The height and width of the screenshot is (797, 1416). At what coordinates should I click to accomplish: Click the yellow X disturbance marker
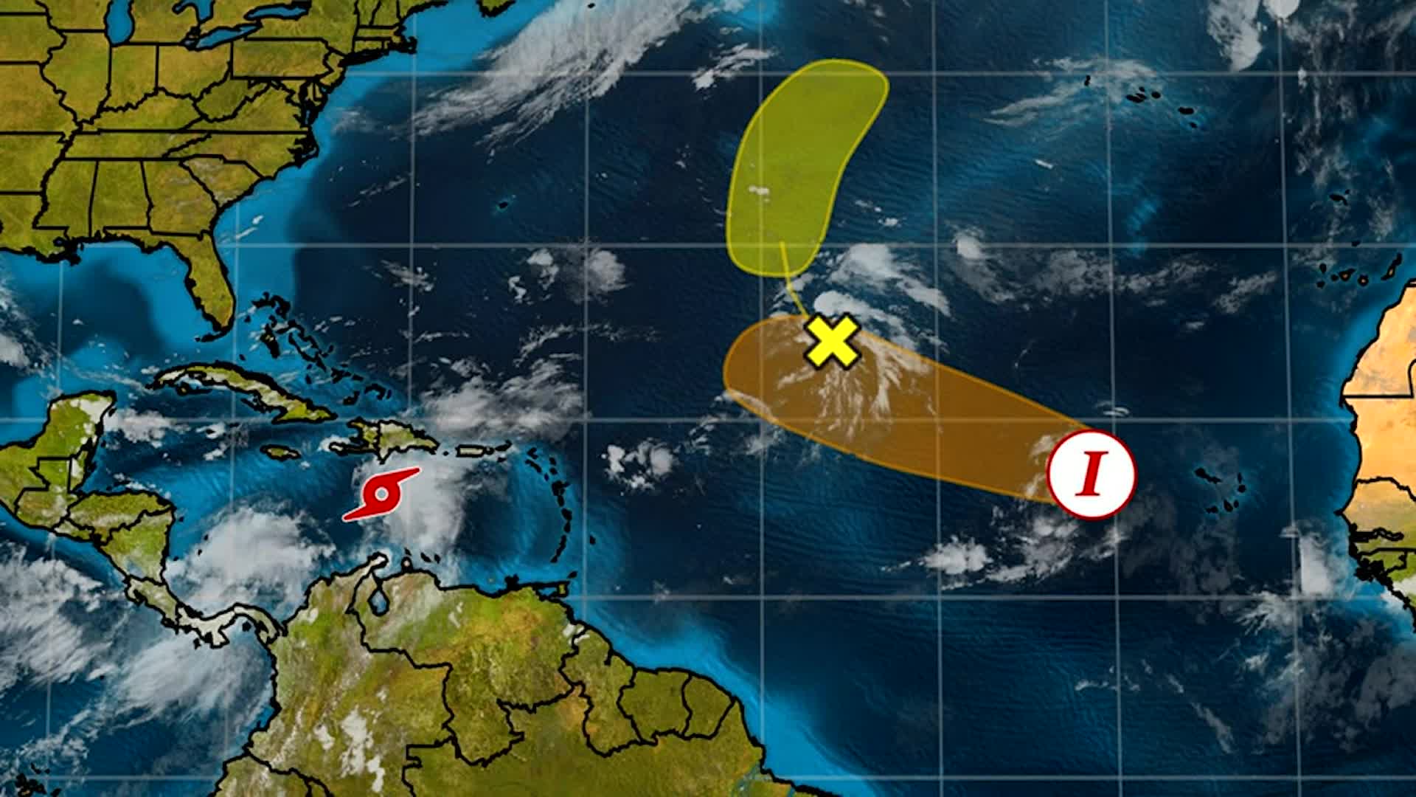point(832,341)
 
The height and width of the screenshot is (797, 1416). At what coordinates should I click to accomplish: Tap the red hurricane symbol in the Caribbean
point(382,493)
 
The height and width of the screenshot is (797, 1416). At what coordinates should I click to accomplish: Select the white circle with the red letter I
point(1091,474)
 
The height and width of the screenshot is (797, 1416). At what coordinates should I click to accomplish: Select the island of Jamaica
point(281,451)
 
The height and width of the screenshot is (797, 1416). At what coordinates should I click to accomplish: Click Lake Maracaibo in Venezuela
point(378,601)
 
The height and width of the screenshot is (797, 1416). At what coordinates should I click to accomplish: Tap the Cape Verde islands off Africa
point(1221,491)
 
